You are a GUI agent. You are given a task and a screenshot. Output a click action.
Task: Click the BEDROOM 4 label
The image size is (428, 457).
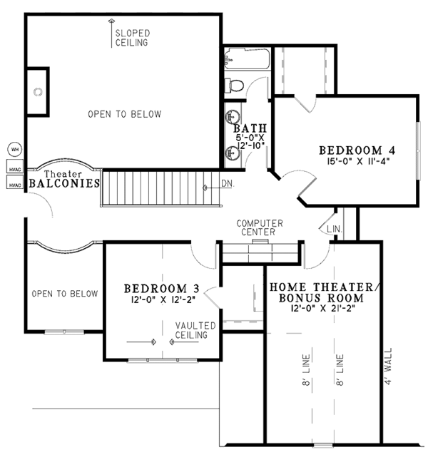coord(357,150)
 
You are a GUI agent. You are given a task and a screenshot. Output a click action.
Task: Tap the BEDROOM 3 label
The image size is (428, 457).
coord(161,288)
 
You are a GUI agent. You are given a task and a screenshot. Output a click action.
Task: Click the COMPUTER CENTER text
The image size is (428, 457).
coord(260,227)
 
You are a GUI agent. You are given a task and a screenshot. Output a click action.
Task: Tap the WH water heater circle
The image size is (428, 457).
coord(14,150)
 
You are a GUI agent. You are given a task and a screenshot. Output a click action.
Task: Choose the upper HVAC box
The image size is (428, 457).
coord(14,169)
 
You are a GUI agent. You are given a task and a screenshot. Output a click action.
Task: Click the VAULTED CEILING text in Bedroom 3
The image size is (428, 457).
coord(193,330)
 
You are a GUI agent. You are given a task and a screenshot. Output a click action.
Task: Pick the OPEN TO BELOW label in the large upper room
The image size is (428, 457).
coord(124,114)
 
